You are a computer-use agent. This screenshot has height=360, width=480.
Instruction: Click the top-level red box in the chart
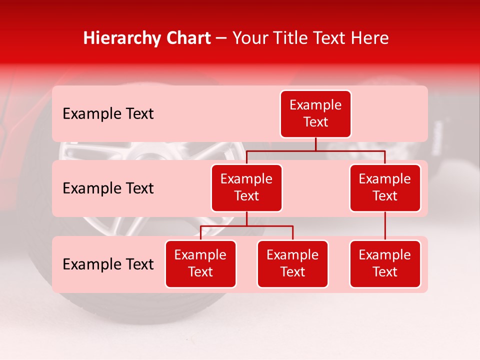(x=315, y=114)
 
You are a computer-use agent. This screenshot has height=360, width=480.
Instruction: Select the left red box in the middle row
(x=246, y=188)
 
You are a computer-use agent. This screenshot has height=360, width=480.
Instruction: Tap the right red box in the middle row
(x=385, y=188)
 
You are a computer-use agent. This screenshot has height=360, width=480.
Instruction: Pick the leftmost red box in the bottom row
(x=200, y=264)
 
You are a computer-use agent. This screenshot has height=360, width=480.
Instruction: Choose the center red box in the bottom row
(x=292, y=264)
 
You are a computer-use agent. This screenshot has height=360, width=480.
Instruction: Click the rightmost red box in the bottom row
(x=385, y=264)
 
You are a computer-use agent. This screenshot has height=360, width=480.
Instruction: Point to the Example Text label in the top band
(x=108, y=114)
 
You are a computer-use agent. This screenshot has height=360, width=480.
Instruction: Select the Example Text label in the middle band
(x=108, y=188)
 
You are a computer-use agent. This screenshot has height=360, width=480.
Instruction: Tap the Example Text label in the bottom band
(x=108, y=264)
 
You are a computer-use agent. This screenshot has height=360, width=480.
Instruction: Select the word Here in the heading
(x=370, y=38)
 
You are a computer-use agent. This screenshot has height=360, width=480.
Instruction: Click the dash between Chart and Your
(x=221, y=38)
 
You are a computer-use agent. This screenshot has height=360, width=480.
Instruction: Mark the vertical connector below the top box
(x=315, y=144)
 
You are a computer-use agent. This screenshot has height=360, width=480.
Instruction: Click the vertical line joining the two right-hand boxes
(x=385, y=226)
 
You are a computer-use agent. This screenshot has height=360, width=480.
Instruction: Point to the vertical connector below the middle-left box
(x=246, y=218)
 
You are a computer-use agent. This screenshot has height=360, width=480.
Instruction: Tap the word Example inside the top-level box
(x=315, y=105)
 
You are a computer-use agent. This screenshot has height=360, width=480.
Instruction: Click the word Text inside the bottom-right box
(x=385, y=272)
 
